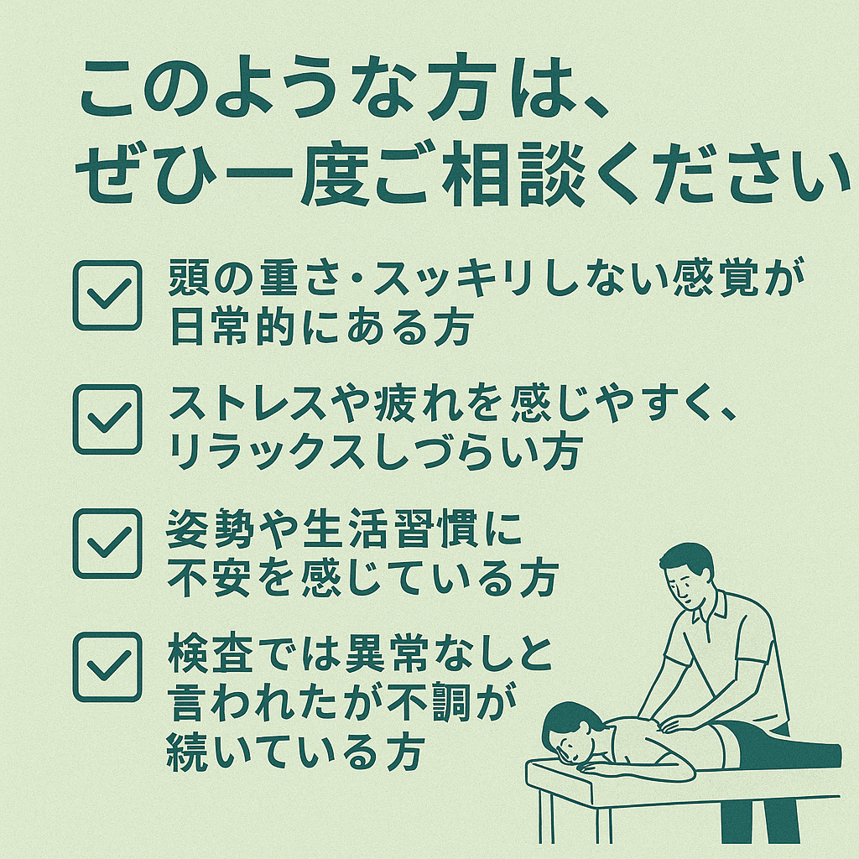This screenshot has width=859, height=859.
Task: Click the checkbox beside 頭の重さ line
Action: pos(107,295)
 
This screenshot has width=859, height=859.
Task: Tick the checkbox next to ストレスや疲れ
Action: pos(107,419)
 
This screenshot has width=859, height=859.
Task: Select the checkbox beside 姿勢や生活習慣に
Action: pos(107,544)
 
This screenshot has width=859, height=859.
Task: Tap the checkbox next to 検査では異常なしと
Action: pos(107,667)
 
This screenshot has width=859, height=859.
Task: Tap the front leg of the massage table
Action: pos(546,817)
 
